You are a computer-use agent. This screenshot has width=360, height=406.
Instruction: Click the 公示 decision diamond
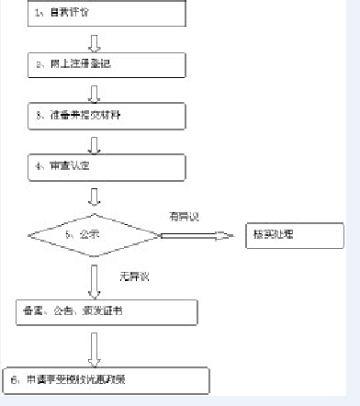click(x=95, y=234)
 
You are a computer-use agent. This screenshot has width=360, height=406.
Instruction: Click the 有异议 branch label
click(x=184, y=216)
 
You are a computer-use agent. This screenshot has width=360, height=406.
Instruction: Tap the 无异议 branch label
click(x=133, y=276)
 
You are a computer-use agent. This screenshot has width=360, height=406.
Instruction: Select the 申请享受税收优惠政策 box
click(x=106, y=379)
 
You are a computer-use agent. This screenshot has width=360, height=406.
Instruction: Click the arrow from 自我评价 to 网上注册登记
click(x=95, y=41)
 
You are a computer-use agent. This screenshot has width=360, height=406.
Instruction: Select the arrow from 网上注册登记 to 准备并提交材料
click(x=95, y=92)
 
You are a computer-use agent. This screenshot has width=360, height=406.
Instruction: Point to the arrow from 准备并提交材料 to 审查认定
click(x=95, y=143)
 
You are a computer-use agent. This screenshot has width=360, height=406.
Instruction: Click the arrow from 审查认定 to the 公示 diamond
click(x=95, y=196)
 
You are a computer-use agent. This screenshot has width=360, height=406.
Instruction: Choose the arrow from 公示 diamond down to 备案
click(x=95, y=278)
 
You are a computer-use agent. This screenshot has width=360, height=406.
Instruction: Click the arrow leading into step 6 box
click(x=95, y=346)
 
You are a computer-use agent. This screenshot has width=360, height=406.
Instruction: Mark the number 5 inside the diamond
click(x=69, y=234)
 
